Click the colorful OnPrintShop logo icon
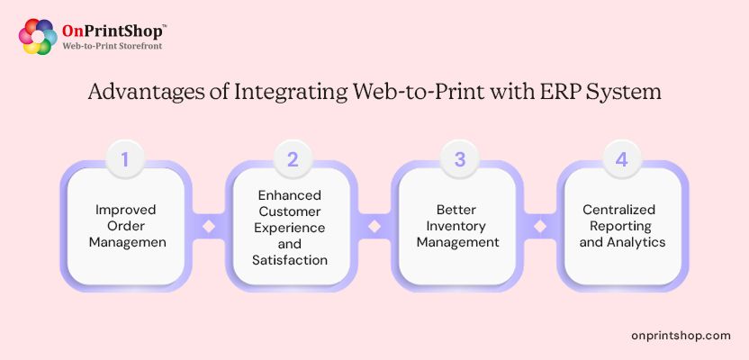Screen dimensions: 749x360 pyautogui.click(x=38, y=37)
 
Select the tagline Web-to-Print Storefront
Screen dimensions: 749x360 pyautogui.click(x=113, y=46)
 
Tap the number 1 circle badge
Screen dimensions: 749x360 pyautogui.click(x=124, y=159)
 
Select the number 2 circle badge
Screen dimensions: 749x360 pyautogui.click(x=293, y=159)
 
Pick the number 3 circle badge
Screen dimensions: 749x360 pyautogui.click(x=459, y=159)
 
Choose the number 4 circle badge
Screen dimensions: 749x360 pyautogui.click(x=621, y=159)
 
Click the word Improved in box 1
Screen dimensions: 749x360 pyautogui.click(x=126, y=211)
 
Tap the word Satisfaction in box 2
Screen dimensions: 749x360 pyautogui.click(x=290, y=260)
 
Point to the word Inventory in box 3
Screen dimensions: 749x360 pyautogui.click(x=456, y=226)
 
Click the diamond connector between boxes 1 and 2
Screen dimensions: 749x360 pyautogui.click(x=209, y=226)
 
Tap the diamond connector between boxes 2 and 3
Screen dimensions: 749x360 pyautogui.click(x=374, y=226)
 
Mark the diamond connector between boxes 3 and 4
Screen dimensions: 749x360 pyautogui.click(x=540, y=226)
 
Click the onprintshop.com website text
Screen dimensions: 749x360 pyautogui.click(x=681, y=336)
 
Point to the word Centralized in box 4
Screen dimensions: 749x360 pyautogui.click(x=618, y=210)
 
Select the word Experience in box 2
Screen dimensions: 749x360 pyautogui.click(x=290, y=228)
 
